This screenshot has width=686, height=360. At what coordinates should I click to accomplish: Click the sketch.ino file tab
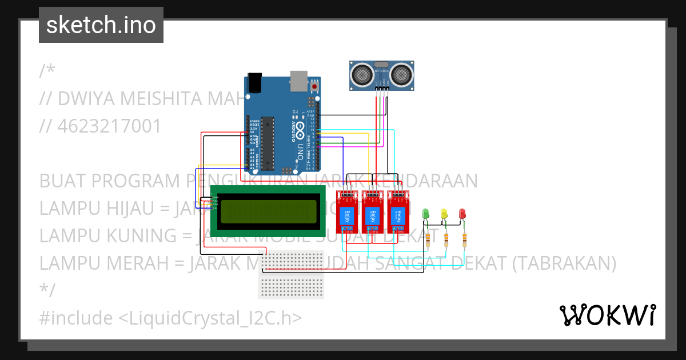coord(101,25)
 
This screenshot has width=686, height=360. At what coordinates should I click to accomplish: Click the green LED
coord(425,214)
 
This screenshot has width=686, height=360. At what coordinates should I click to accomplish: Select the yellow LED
coord(444,214)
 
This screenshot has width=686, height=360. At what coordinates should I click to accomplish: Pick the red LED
coord(462,214)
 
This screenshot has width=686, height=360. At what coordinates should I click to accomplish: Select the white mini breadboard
coord(291,274)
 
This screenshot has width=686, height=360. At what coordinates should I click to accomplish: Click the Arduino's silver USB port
coord(298,81)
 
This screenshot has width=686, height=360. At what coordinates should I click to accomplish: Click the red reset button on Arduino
coord(314,86)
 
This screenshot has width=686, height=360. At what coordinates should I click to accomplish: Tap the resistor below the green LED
coord(428,240)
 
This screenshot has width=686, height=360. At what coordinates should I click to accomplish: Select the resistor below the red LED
coord(465,240)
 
